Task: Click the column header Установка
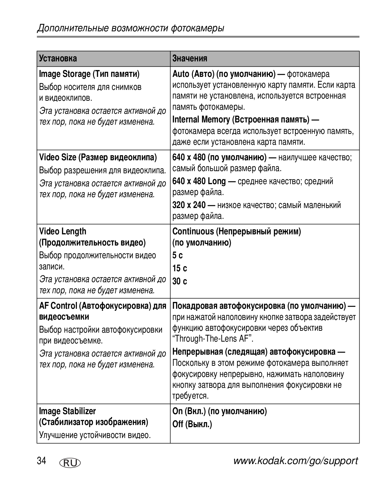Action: [58, 58]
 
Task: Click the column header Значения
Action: [190, 58]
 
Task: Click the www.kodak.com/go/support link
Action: [295, 461]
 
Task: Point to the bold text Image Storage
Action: [65, 74]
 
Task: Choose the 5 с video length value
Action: [178, 255]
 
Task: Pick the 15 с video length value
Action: [180, 268]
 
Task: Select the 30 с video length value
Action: [180, 281]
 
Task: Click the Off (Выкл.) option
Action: [192, 424]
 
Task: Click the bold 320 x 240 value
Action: [189, 205]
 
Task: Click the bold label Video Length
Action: [63, 231]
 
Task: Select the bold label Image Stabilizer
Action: [68, 411]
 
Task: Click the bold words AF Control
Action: [58, 306]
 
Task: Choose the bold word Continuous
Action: [193, 231]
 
